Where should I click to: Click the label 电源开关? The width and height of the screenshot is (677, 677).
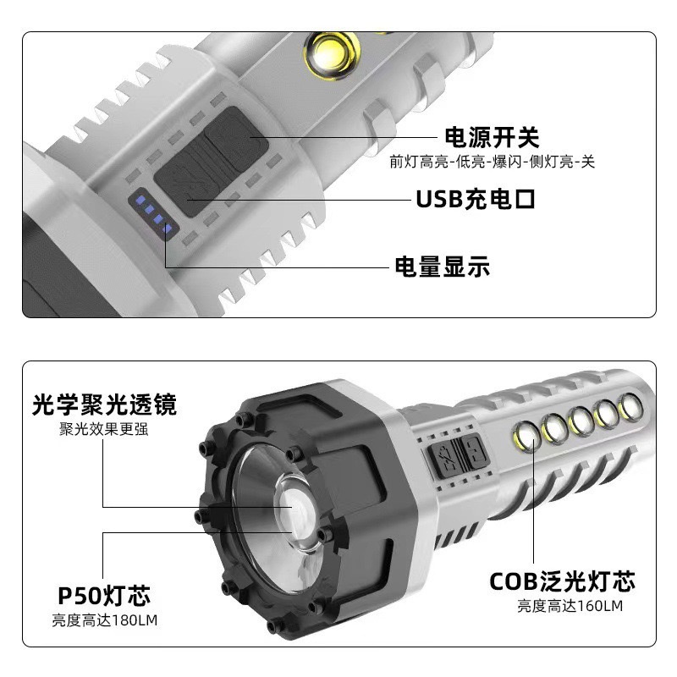(492, 136)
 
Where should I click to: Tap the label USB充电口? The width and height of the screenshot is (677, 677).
(476, 200)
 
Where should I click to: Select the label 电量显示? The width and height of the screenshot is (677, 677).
(442, 267)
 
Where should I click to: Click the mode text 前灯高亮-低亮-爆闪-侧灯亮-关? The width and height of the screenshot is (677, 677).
(492, 162)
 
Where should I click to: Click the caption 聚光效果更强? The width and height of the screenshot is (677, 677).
(106, 429)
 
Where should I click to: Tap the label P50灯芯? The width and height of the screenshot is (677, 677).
(106, 595)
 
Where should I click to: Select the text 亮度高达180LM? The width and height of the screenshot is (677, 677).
(105, 620)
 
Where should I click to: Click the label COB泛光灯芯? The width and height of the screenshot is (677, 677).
(562, 581)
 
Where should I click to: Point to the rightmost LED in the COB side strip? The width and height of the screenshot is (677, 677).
(630, 408)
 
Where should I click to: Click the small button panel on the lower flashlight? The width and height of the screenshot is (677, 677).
(456, 454)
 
